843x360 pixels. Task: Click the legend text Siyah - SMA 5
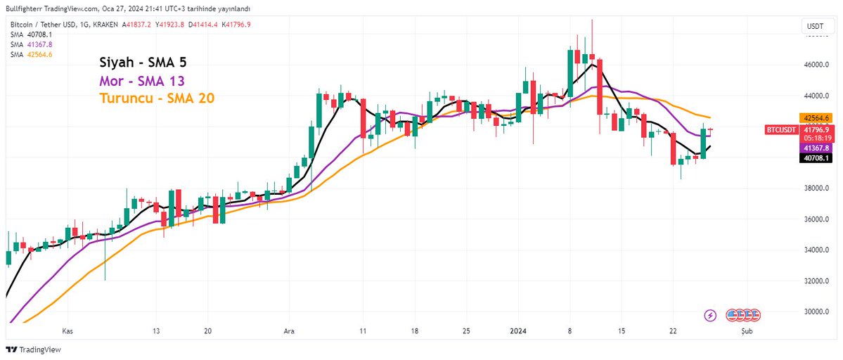tap(143, 62)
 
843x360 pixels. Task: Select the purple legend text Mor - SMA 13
tap(143, 80)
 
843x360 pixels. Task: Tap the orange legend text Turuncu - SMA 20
tap(157, 98)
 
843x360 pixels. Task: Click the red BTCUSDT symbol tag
tap(780, 129)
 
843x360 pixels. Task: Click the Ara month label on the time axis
tap(288, 330)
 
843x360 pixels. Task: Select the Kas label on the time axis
tap(67, 330)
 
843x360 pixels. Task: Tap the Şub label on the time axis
tap(747, 330)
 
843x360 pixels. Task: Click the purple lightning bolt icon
tap(710, 314)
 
